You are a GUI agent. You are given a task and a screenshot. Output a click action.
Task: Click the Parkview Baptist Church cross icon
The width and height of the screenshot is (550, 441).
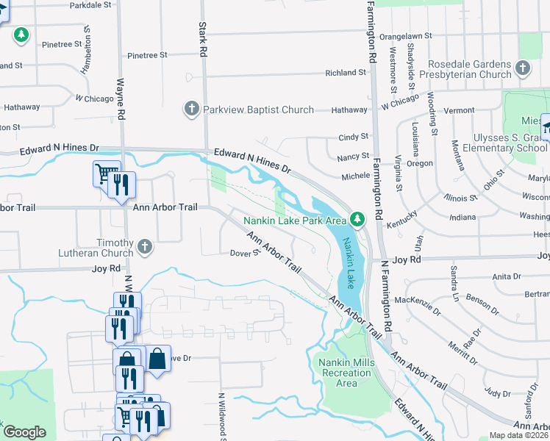click(191, 110)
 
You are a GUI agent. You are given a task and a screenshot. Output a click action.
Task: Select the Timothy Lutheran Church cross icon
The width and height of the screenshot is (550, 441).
click(145, 247)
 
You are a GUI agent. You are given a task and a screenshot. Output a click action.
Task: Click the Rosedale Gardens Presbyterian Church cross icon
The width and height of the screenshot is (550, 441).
click(523, 68)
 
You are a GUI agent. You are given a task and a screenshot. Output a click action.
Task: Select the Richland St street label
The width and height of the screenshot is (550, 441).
click(346, 73)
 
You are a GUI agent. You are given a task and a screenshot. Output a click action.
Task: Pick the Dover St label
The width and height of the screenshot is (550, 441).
click(246, 253)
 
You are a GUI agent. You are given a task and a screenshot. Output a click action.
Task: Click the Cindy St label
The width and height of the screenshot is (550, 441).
click(353, 137)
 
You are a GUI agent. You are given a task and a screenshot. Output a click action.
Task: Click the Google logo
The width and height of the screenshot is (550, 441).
click(24, 432)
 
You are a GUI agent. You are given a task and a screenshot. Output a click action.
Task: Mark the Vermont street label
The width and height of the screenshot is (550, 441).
click(459, 110)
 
